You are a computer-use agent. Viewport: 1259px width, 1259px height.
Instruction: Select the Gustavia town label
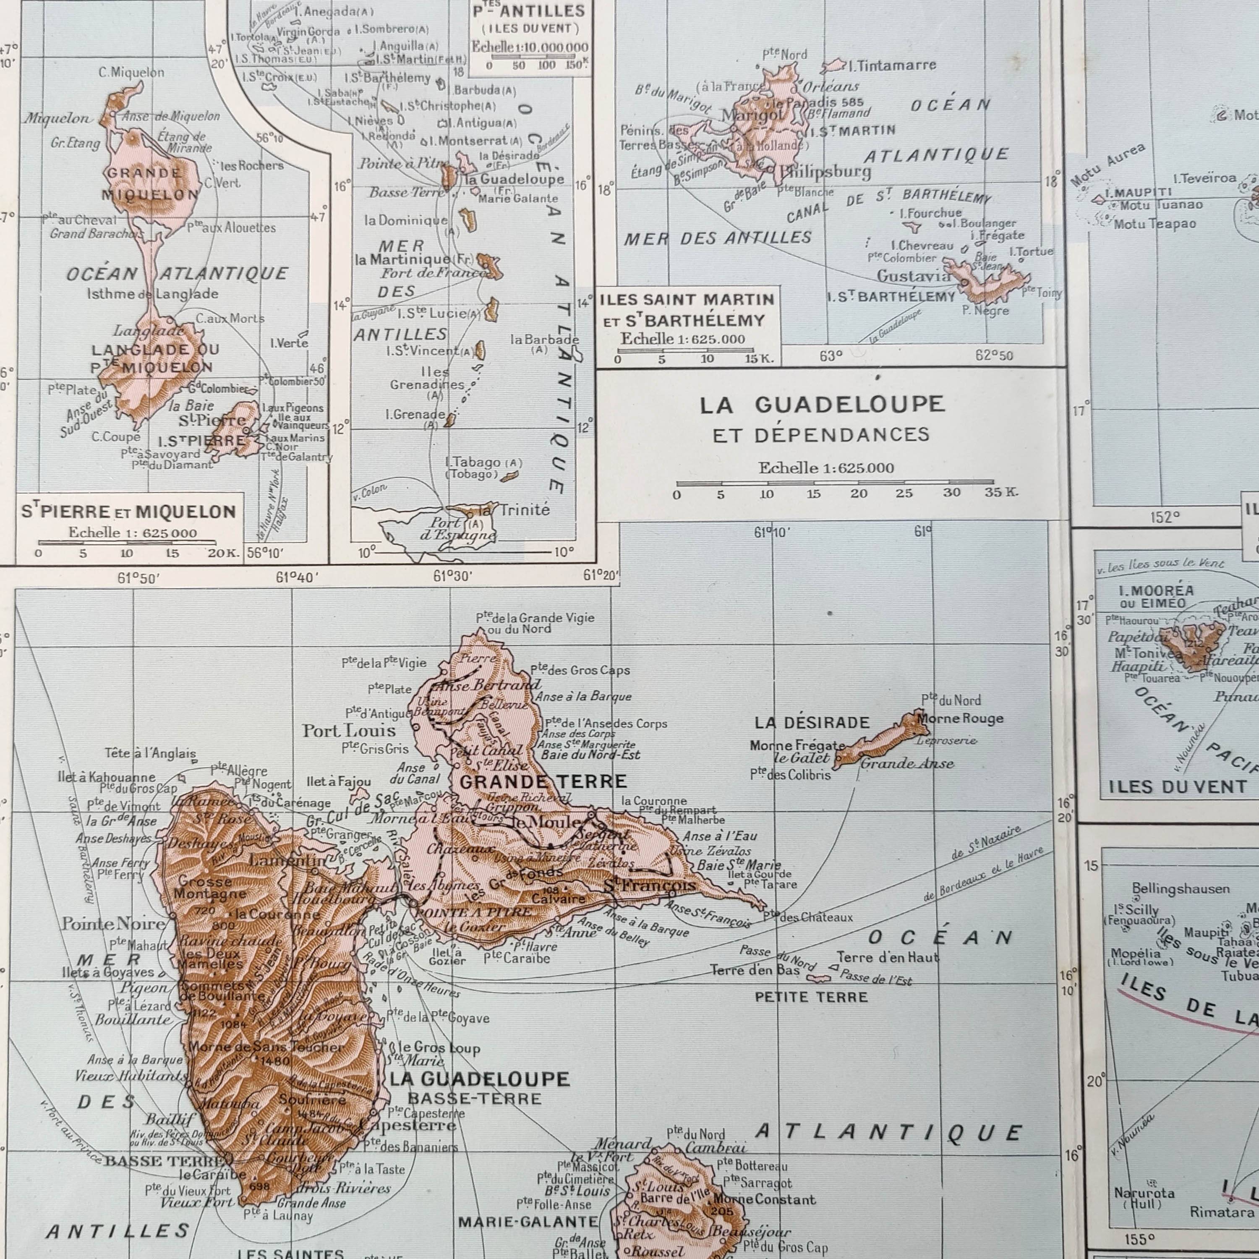913,276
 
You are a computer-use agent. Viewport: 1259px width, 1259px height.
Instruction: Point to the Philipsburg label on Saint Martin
825,172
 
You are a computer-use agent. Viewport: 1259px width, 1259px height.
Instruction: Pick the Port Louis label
349,731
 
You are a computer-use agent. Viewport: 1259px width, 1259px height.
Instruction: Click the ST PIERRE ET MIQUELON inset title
128,512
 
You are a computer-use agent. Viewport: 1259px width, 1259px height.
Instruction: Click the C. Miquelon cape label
131,72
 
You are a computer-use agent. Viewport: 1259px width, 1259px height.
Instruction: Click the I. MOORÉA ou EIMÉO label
1156,596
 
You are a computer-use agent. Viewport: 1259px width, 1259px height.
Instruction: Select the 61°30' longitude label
452,576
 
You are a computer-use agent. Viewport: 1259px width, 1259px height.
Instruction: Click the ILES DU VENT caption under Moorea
1177,787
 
